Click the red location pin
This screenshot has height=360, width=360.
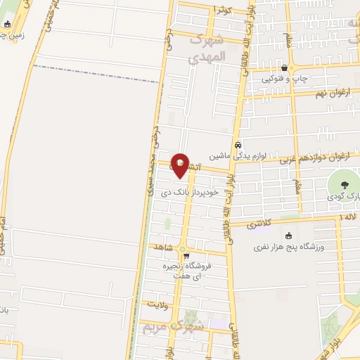(x=181, y=165)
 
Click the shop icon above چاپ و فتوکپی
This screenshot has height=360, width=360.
(x=283, y=68)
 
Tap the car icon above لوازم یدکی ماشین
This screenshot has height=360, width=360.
(x=238, y=143)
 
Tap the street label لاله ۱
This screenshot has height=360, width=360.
(x=347, y=219)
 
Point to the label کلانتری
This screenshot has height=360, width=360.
(x=260, y=223)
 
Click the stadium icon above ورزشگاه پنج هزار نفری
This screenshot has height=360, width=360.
(x=287, y=236)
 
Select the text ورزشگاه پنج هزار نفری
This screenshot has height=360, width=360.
(x=287, y=247)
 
